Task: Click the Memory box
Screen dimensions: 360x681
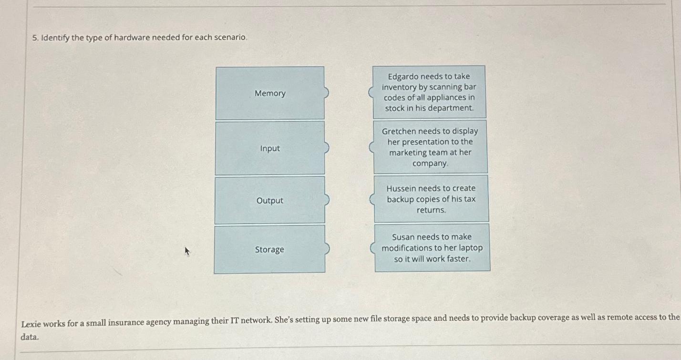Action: pyautogui.click(x=270, y=93)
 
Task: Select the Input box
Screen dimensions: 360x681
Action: pyautogui.click(x=270, y=148)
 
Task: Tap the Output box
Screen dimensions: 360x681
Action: pyautogui.click(x=270, y=200)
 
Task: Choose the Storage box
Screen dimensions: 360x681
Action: pyautogui.click(x=269, y=249)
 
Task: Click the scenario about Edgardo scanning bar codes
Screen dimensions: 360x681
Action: pyautogui.click(x=429, y=92)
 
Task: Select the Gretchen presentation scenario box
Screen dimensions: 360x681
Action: pyautogui.click(x=430, y=147)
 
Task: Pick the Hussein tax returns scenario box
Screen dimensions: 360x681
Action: pyautogui.click(x=431, y=199)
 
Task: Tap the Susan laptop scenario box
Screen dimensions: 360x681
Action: pyautogui.click(x=432, y=248)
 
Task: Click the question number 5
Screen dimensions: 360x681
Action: pyautogui.click(x=35, y=38)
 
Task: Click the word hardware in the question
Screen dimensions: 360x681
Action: pyautogui.click(x=131, y=37)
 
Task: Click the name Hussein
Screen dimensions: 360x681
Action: pyautogui.click(x=402, y=188)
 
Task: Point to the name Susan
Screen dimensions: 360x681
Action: pyautogui.click(x=403, y=237)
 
